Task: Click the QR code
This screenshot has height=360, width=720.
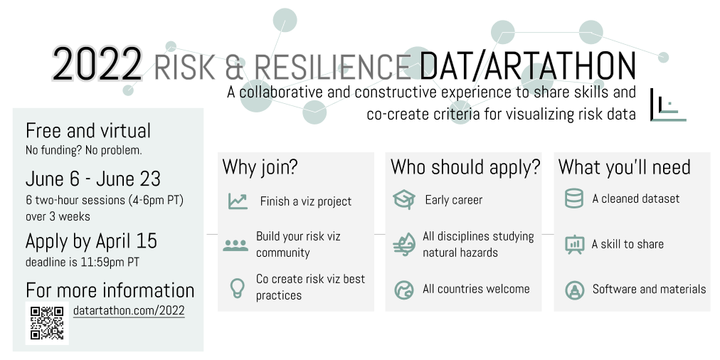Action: click(x=47, y=323)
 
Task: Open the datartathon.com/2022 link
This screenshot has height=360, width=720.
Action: click(x=129, y=311)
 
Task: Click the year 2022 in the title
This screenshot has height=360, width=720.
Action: click(x=97, y=65)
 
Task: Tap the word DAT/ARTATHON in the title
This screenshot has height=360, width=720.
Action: click(x=528, y=65)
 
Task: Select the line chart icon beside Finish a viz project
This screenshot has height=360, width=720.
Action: click(x=238, y=201)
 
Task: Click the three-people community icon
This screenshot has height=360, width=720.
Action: click(x=235, y=245)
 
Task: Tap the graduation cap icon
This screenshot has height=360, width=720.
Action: click(x=404, y=200)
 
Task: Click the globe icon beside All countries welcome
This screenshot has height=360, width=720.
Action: click(x=404, y=290)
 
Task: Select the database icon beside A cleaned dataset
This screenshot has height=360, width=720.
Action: click(x=574, y=198)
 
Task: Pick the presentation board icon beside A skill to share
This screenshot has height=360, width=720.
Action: click(x=574, y=244)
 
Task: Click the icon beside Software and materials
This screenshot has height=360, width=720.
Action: click(x=574, y=290)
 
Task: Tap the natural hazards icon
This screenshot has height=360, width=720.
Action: click(x=404, y=244)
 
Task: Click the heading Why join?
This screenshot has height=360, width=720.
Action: click(x=260, y=167)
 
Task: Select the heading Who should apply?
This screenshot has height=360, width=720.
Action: click(x=465, y=167)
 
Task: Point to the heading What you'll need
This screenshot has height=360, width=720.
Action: click(x=625, y=167)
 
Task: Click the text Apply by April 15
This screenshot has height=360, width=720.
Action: click(x=91, y=241)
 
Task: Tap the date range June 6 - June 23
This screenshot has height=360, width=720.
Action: click(x=93, y=179)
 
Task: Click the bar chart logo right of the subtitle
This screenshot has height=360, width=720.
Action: click(x=668, y=105)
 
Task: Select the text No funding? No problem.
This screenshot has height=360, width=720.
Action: click(x=83, y=150)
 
